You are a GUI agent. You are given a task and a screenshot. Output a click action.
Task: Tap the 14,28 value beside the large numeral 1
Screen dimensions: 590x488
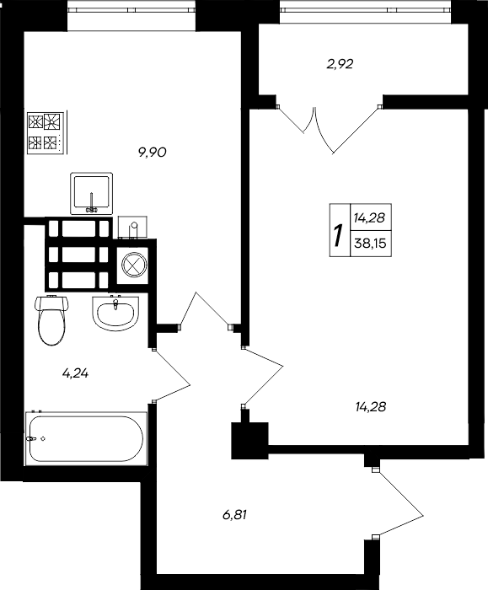click(369, 218)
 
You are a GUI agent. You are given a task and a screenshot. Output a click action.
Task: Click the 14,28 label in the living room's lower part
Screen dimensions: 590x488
click(371, 407)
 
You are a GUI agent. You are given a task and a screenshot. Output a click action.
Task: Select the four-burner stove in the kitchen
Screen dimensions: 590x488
click(46, 132)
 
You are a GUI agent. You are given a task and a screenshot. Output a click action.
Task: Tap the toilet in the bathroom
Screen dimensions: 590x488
click(51, 319)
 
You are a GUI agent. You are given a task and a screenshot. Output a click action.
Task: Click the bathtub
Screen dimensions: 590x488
click(86, 438)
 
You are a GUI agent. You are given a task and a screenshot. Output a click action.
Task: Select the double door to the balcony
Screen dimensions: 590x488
click(330, 126)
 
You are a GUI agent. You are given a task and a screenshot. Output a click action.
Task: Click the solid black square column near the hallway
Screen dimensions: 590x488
click(249, 438)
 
